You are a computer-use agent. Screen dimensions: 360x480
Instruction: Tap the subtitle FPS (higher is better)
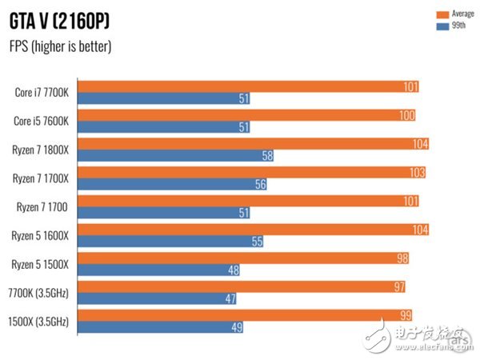coord(60,46)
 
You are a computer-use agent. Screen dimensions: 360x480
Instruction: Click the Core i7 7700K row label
coord(42,93)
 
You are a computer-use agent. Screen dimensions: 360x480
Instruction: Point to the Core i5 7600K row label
coord(42,122)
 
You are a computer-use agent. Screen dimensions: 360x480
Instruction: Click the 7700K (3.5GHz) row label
coord(41,293)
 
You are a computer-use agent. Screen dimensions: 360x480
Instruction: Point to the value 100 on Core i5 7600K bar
coord(406,116)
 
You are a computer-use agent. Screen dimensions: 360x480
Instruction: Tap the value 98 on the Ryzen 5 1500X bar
coord(402,258)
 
